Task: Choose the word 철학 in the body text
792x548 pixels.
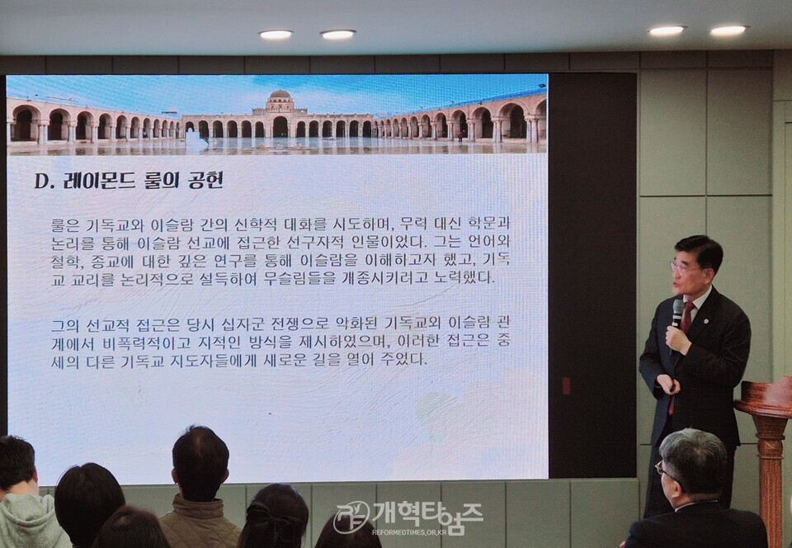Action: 68,261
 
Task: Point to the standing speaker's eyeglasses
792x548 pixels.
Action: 685,267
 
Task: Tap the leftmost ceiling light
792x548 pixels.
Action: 276,35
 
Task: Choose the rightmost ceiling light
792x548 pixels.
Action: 728,31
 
